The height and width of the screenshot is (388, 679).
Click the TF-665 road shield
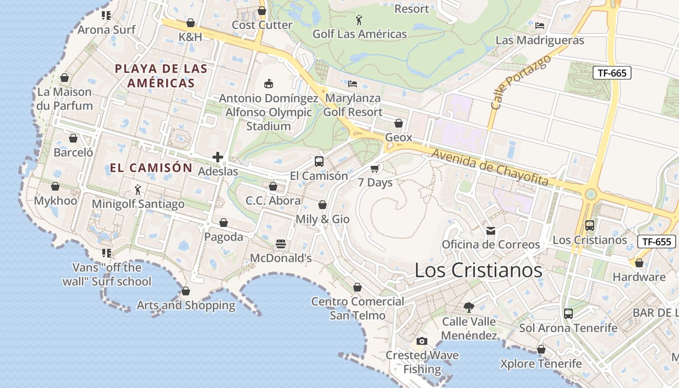[612, 73]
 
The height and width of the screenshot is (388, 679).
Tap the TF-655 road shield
[657, 242]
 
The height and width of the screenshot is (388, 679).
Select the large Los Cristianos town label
[478, 270]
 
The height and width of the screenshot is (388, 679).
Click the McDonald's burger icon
[281, 244]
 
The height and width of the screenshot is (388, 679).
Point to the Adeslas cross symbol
[218, 157]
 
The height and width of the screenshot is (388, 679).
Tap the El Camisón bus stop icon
[319, 162]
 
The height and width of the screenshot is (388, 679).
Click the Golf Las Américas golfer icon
[359, 20]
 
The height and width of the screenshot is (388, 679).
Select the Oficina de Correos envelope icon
[491, 230]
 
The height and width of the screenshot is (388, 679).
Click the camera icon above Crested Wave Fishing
[422, 341]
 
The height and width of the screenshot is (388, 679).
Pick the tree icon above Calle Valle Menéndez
[469, 307]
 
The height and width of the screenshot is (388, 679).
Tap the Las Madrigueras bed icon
[540, 26]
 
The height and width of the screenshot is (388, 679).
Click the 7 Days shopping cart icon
[374, 168]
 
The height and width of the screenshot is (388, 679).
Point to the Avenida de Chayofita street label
[490, 168]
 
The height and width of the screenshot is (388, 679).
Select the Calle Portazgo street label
[521, 82]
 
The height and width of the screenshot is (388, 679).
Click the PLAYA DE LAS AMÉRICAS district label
[161, 76]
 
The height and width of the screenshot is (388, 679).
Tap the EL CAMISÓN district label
[151, 168]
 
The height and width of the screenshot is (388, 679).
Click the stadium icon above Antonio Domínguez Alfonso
[268, 84]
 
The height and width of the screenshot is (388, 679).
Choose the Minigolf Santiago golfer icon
[138, 190]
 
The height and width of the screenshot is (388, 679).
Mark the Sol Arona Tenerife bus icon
[568, 314]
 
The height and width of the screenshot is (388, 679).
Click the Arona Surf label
[107, 30]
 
